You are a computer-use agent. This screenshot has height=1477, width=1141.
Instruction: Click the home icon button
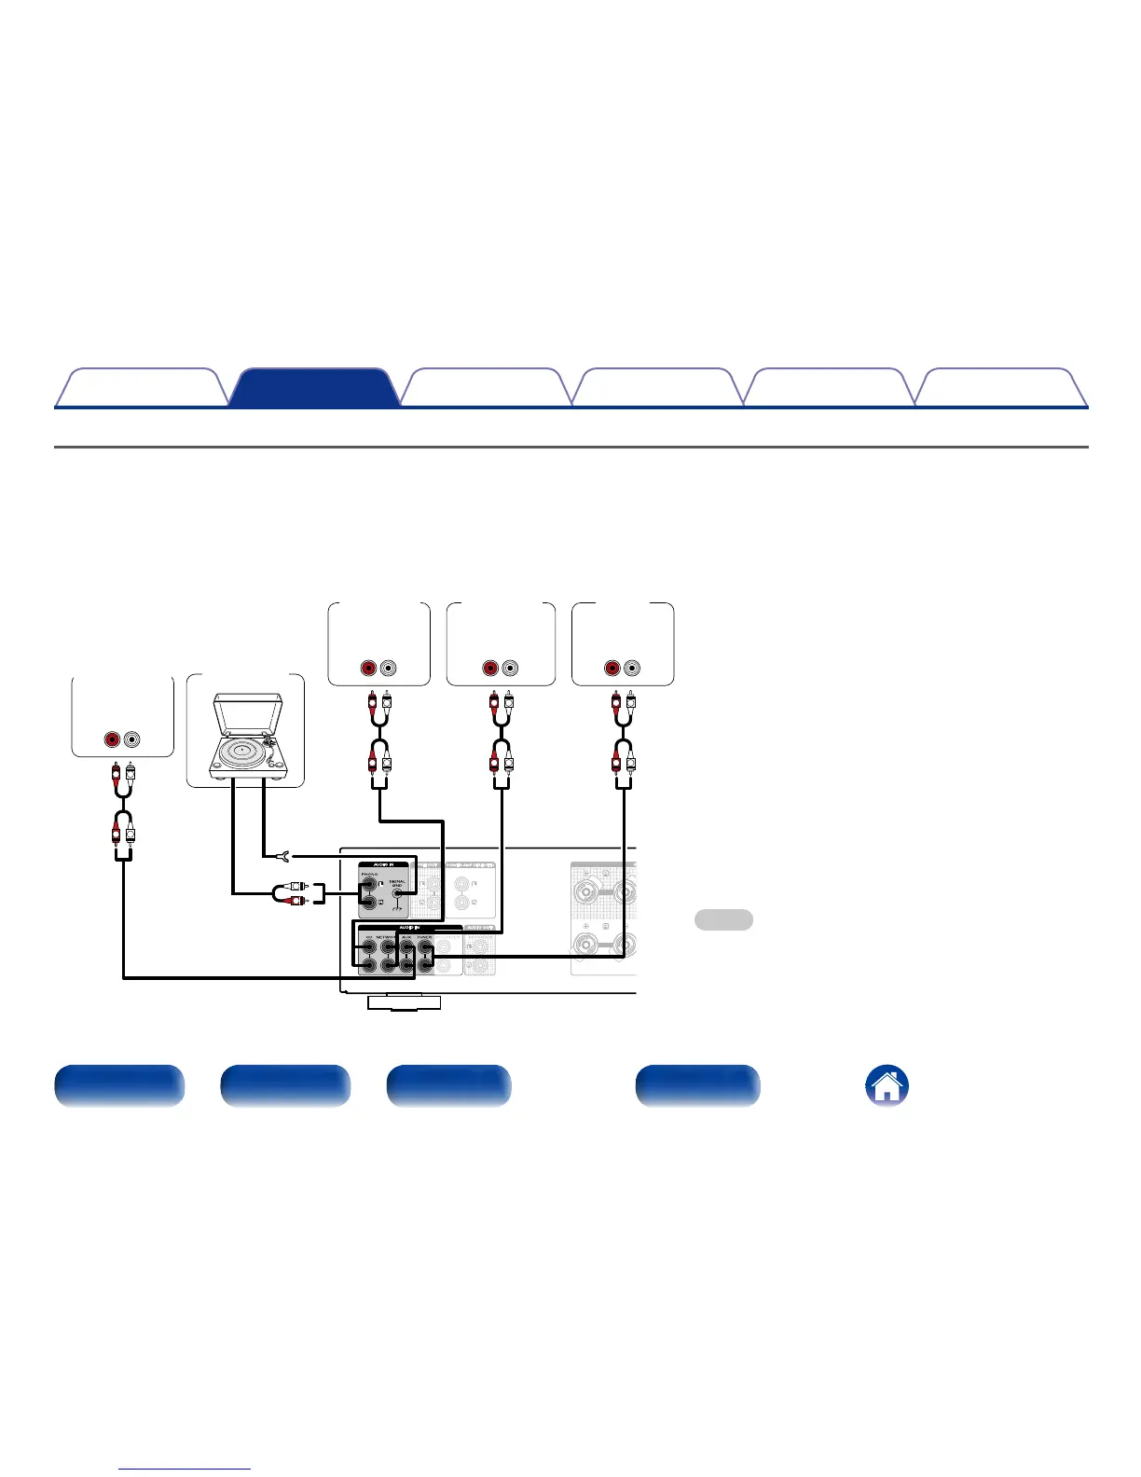tap(887, 1086)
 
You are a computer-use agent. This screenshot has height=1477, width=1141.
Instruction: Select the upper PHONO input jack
tap(369, 884)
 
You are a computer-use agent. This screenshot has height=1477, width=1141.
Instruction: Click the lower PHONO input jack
tap(369, 903)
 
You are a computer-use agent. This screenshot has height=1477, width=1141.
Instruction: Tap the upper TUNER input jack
tap(425, 947)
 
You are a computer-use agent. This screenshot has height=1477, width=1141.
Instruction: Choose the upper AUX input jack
tap(406, 947)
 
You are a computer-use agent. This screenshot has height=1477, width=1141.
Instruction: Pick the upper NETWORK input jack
tap(388, 947)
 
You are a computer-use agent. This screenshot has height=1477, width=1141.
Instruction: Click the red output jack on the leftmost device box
tap(113, 739)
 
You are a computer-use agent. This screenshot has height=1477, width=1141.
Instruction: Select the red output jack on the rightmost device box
tap(612, 669)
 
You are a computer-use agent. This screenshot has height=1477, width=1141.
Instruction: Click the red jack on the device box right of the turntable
tap(369, 669)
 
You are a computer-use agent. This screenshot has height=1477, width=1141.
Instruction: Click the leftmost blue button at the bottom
tap(119, 1085)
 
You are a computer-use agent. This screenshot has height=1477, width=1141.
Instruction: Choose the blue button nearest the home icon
tap(697, 1085)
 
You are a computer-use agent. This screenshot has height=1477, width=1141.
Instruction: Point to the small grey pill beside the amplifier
tap(723, 919)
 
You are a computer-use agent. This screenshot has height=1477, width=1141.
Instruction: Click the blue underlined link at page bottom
tap(186, 1469)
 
